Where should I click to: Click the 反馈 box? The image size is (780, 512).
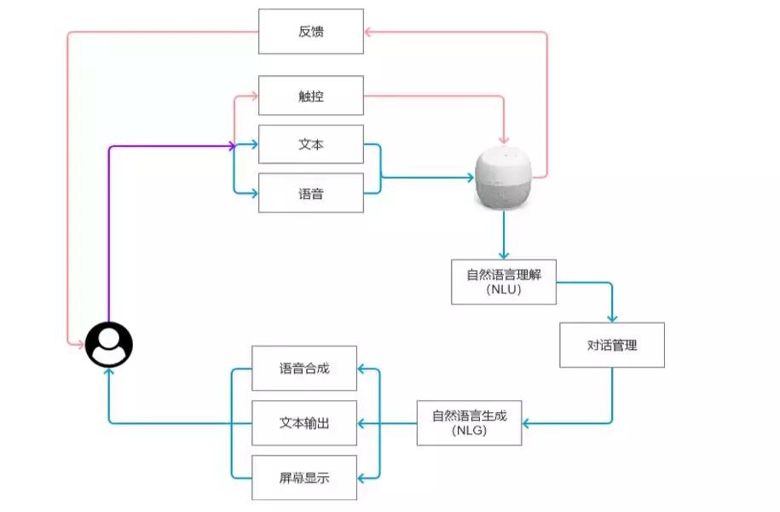310,32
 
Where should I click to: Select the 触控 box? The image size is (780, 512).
310,96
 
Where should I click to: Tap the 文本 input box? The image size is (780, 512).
310,145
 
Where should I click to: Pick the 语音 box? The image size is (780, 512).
310,194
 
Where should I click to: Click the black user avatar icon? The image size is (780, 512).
109,345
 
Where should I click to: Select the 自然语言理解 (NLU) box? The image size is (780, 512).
503,282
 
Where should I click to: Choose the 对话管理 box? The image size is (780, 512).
611,345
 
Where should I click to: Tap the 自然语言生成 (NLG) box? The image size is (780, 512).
469,423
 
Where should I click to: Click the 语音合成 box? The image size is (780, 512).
304,369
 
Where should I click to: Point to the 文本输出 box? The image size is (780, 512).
304,423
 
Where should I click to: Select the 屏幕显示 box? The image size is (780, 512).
304,478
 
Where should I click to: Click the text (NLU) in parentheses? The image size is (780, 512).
503,290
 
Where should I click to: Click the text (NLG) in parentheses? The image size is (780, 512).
469,432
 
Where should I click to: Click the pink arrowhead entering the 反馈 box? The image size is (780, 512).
368,32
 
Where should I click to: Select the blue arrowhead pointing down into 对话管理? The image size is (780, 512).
611,317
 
